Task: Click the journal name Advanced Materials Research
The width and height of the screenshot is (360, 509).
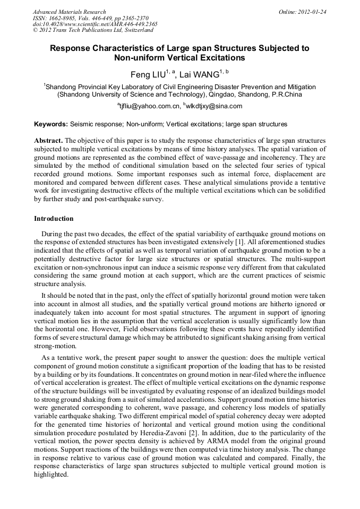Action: tap(69, 12)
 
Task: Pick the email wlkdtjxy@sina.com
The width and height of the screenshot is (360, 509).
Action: tap(214, 106)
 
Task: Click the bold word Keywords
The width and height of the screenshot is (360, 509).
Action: tap(50, 124)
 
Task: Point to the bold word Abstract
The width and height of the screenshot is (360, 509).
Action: tap(48, 141)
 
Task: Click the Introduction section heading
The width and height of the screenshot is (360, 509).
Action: tap(54, 219)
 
